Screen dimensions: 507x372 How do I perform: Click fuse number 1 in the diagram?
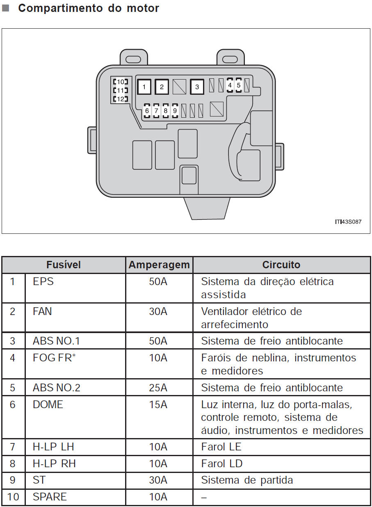[x=144, y=87]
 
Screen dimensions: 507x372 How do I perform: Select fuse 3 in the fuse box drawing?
[x=197, y=87]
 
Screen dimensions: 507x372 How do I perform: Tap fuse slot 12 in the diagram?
[x=121, y=99]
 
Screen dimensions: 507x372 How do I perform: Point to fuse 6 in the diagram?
[x=147, y=111]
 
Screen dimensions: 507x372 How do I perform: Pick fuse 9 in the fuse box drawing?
[x=175, y=111]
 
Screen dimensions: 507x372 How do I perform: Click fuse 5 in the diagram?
[x=238, y=85]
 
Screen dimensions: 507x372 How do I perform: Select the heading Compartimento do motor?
[x=89, y=8]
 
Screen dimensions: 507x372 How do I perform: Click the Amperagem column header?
[x=159, y=265]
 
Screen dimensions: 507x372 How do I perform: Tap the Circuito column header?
[x=281, y=265]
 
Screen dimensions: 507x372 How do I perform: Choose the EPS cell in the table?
[x=43, y=282]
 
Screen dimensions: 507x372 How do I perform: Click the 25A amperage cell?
[x=158, y=388]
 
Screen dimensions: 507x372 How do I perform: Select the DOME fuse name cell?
[x=48, y=404]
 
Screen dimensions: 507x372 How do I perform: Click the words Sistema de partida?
[x=247, y=480]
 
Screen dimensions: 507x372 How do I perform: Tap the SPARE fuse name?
[x=50, y=497]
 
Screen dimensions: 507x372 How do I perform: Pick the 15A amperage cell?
[x=158, y=404]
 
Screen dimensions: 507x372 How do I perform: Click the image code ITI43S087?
[x=348, y=222]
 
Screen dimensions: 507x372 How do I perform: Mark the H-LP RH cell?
[x=54, y=464]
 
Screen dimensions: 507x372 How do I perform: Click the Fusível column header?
[x=64, y=265]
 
